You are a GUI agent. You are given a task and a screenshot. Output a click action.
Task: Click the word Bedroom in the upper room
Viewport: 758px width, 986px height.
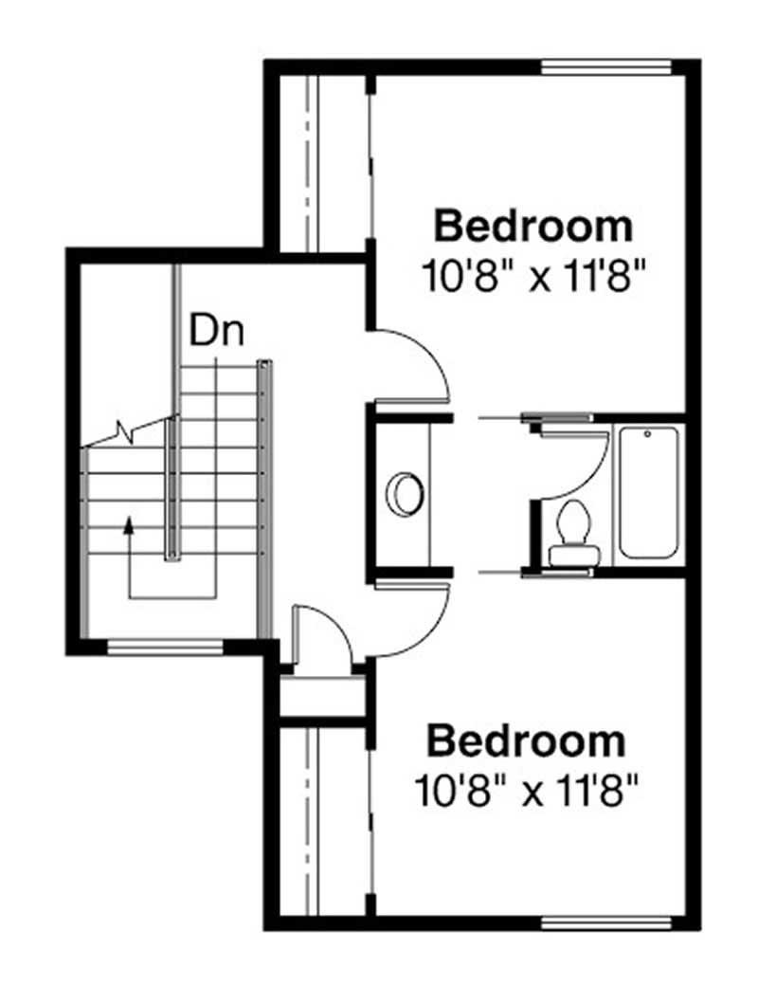[532, 228]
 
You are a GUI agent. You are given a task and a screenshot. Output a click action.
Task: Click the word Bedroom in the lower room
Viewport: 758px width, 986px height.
[526, 740]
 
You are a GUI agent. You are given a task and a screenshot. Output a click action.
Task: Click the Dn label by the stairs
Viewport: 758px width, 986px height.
[217, 332]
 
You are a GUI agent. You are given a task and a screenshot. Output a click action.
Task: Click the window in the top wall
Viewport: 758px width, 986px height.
[605, 67]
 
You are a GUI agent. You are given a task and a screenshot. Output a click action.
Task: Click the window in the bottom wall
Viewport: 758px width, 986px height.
[605, 922]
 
